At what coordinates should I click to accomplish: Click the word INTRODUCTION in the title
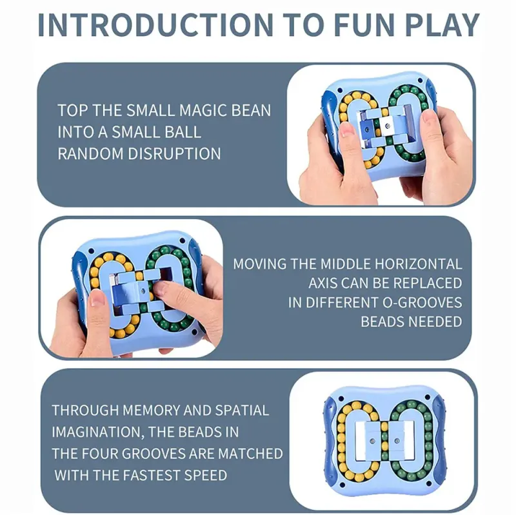tap(155, 25)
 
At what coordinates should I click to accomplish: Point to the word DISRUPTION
tap(174, 153)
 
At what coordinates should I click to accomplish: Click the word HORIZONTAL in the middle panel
tap(418, 264)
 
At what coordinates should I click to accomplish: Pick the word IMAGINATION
tap(98, 432)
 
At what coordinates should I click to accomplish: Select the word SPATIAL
tap(242, 411)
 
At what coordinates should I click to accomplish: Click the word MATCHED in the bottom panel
tap(250, 454)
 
